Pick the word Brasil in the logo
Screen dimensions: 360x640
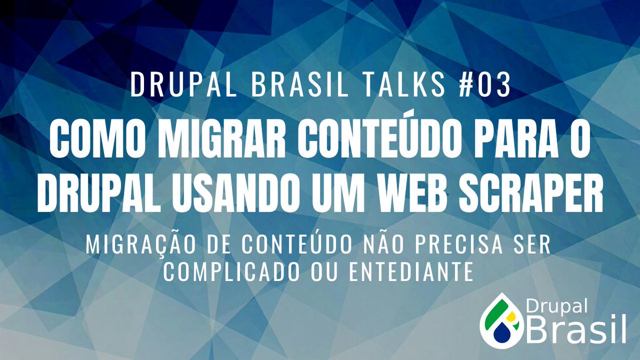(576, 330)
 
